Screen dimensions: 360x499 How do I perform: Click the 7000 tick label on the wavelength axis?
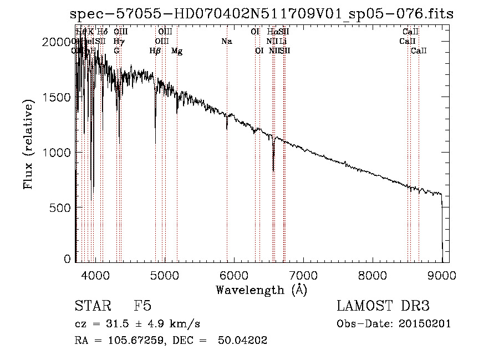[x=303, y=275]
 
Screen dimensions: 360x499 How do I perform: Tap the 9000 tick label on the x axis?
[x=441, y=275]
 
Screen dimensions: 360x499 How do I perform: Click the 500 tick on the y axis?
[x=77, y=207]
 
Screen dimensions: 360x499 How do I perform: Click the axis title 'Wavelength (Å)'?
[x=261, y=290]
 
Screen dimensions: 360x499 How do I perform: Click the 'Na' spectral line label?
[x=226, y=42]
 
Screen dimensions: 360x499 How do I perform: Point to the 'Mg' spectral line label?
[x=177, y=51]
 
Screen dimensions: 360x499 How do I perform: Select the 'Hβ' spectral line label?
[x=155, y=51]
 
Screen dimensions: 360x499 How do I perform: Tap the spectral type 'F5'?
[x=142, y=306]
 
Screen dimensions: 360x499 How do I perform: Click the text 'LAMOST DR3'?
[x=383, y=306]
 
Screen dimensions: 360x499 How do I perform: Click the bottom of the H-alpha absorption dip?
[x=273, y=170]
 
